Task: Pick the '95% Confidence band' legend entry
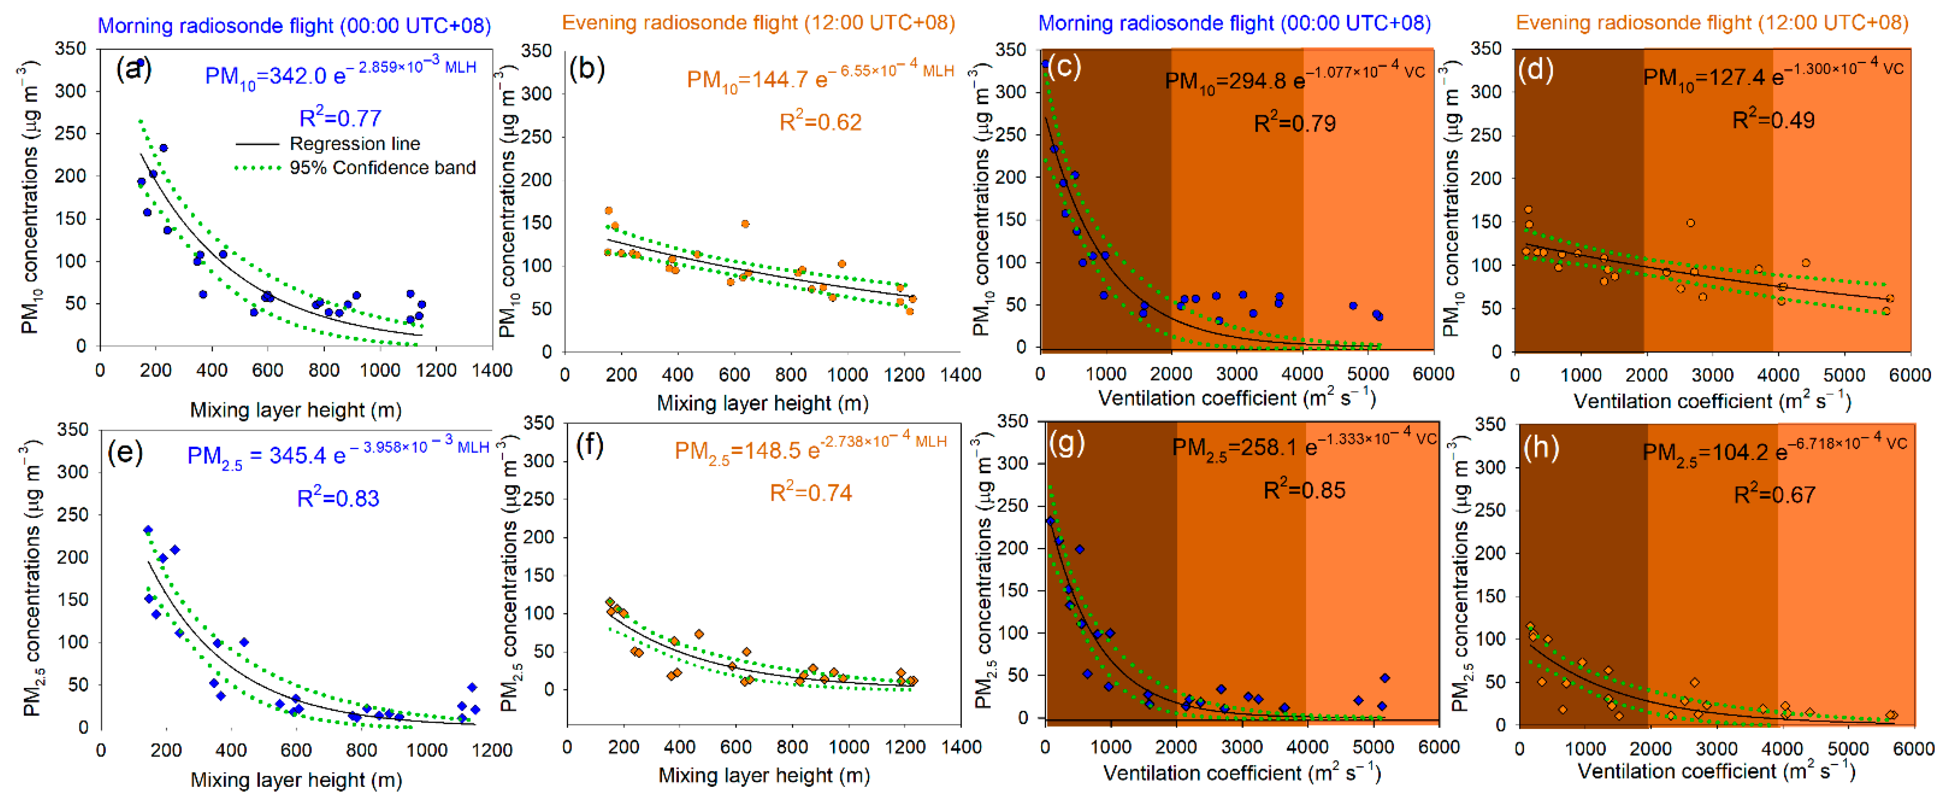[382, 167]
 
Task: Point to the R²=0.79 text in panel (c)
[1294, 123]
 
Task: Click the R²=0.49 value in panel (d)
[1774, 120]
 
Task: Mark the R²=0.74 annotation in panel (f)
[811, 492]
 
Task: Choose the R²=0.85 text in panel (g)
[1304, 490]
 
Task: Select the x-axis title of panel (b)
[763, 404]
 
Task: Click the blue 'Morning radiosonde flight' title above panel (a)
[294, 26]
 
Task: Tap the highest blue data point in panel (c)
[1045, 64]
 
